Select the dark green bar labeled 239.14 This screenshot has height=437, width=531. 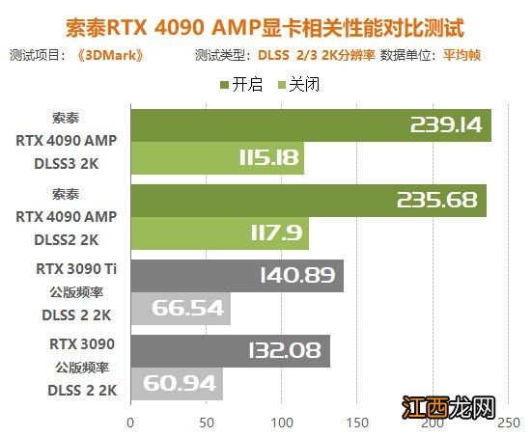[x=310, y=125]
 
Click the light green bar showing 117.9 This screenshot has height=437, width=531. [x=218, y=233]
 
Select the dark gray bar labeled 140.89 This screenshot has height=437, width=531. [x=236, y=276]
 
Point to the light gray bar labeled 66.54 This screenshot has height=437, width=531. [x=180, y=308]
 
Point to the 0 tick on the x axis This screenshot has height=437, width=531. [x=130, y=422]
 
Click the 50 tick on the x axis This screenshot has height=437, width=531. [x=206, y=422]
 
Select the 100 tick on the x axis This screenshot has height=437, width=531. [x=281, y=422]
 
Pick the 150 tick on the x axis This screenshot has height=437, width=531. [x=357, y=422]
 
